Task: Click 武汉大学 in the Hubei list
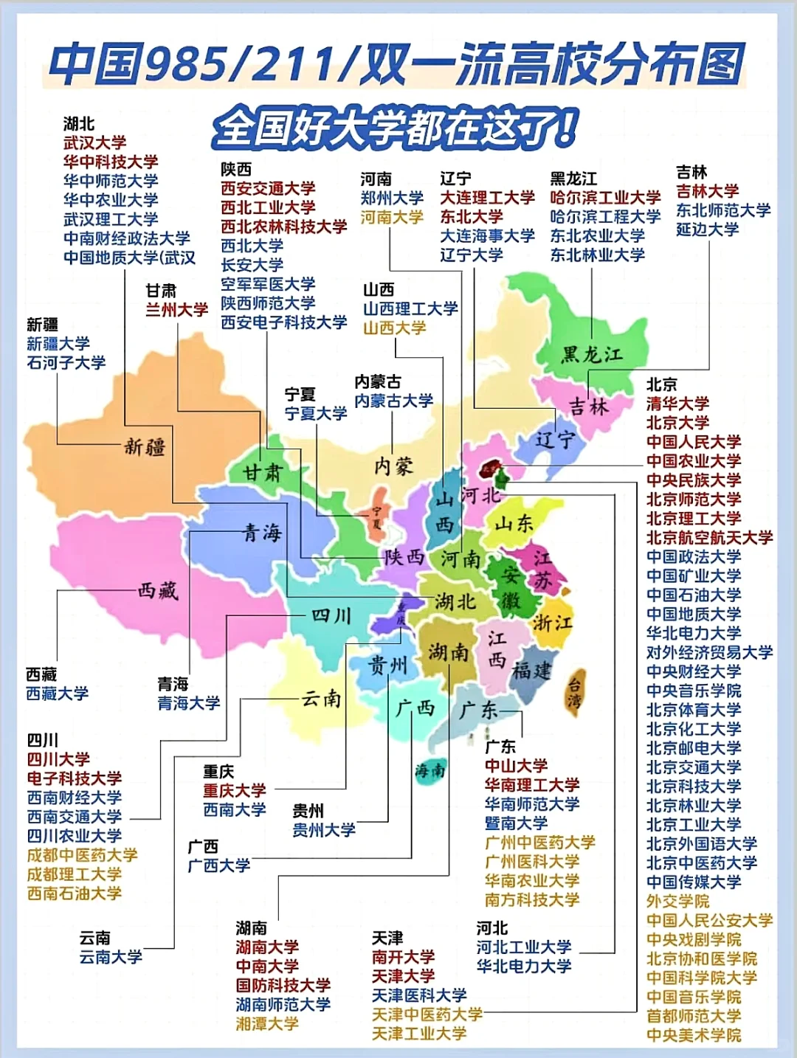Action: coord(94,142)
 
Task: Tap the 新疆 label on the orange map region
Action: coord(145,446)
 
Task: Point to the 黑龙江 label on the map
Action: coord(592,355)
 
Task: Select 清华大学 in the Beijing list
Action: coord(677,404)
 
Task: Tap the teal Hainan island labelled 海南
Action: coord(429,771)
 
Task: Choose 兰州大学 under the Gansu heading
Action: coord(176,310)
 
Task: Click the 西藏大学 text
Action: coord(57,694)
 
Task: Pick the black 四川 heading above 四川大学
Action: coord(42,740)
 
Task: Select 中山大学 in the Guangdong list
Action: coord(516,766)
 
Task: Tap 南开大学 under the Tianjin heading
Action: coord(403,957)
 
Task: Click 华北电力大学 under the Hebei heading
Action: coord(523,966)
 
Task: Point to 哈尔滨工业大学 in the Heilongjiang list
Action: coord(605,198)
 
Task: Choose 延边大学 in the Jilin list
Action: coord(707,229)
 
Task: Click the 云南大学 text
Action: coord(111,957)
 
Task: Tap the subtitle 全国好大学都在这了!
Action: coord(395,129)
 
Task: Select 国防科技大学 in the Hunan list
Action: coord(283,985)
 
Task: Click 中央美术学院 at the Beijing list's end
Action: coord(694,1035)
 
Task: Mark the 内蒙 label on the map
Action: coord(393,466)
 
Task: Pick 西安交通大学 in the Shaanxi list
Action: coord(268,188)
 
